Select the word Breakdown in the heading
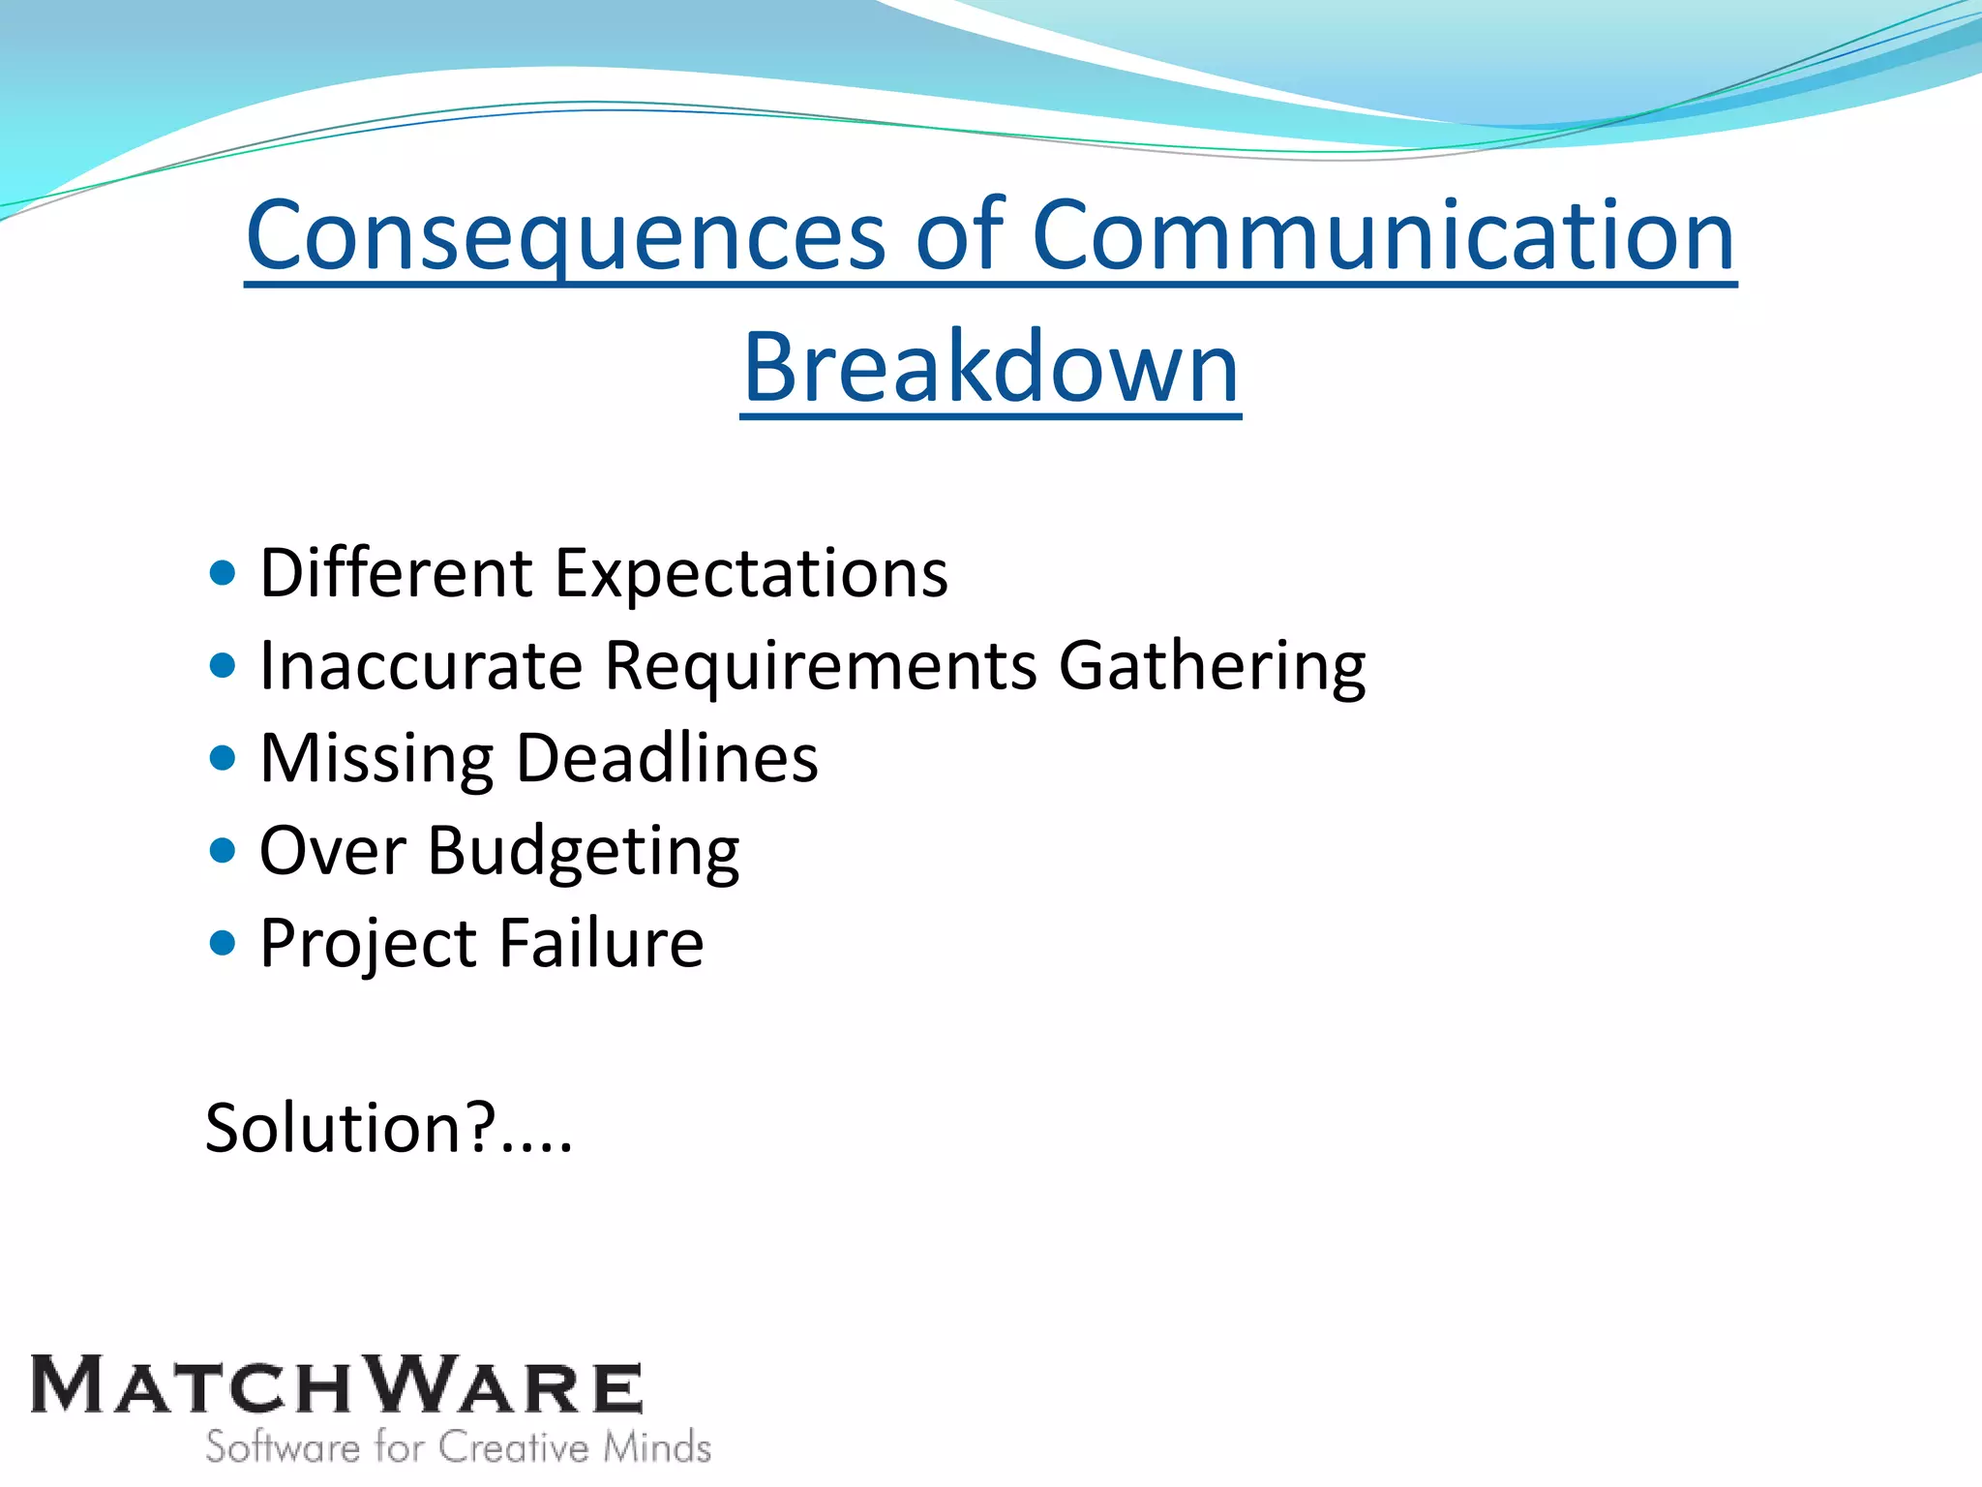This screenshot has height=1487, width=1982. [x=990, y=367]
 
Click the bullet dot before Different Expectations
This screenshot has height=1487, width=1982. [x=223, y=573]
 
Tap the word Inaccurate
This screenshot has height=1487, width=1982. [x=421, y=665]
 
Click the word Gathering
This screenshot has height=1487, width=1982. [x=1212, y=665]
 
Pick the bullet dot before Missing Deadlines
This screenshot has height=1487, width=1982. [x=223, y=758]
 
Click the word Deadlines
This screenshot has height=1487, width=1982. [x=667, y=758]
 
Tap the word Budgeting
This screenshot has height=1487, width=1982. [x=584, y=851]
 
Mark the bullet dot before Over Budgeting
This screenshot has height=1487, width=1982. [x=223, y=851]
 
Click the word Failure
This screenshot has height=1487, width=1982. [x=601, y=943]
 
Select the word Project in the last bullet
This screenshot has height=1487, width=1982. [x=369, y=943]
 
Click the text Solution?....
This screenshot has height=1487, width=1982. [x=387, y=1128]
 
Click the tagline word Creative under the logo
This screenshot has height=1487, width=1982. [x=514, y=1447]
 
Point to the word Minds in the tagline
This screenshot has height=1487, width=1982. [x=657, y=1447]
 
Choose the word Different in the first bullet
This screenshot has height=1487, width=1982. [x=396, y=573]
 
